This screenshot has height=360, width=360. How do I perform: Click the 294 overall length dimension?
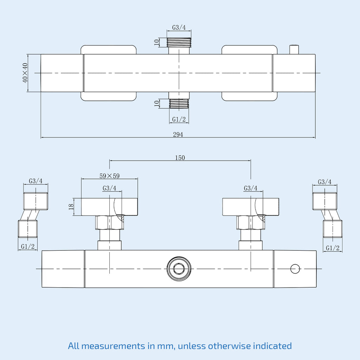[178, 134]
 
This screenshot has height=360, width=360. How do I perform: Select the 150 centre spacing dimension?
[180, 158]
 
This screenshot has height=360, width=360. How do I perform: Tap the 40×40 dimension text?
[25, 73]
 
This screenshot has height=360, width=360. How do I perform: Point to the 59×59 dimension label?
[110, 176]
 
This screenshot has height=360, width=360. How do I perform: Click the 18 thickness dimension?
[71, 206]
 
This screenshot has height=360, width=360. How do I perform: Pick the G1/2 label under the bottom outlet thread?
[179, 120]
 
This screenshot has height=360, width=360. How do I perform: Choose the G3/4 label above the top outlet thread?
[179, 27]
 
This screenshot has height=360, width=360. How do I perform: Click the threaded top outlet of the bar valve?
[179, 43]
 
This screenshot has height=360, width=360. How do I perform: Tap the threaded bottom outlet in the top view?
[179, 104]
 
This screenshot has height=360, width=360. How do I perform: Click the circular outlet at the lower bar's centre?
[179, 269]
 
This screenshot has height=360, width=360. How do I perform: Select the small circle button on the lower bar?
[295, 269]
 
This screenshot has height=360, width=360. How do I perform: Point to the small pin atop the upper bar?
[294, 50]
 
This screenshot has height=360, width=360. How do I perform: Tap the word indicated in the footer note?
[272, 346]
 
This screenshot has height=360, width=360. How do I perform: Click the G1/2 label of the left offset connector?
[28, 246]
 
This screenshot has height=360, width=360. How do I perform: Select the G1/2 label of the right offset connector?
[333, 248]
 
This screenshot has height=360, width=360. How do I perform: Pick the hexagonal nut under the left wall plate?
[110, 223]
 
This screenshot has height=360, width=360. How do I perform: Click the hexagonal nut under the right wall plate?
[251, 223]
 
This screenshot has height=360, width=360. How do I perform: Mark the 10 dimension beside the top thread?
[156, 42]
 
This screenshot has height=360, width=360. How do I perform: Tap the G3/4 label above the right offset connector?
[324, 182]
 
